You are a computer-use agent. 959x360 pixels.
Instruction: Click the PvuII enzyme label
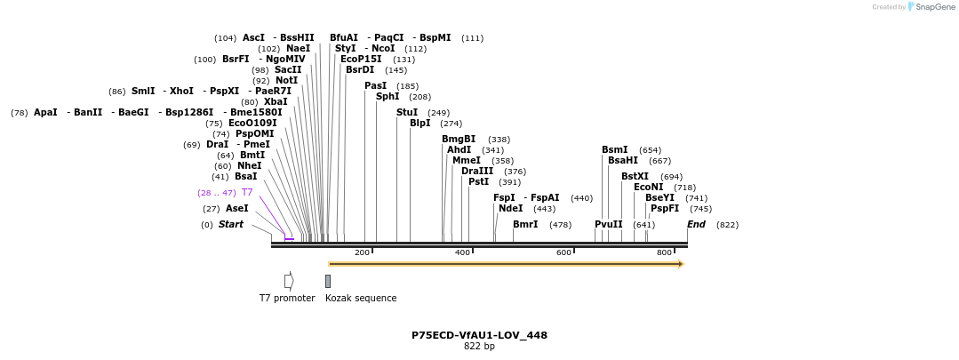(609, 225)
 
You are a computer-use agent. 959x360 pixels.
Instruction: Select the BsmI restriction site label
(614, 150)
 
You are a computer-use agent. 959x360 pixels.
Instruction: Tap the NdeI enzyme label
(510, 209)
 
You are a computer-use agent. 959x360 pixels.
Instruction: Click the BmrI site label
(525, 225)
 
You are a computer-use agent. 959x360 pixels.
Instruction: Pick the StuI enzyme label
(407, 113)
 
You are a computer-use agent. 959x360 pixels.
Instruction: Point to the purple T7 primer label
(247, 193)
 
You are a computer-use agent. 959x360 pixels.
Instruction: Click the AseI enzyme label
(236, 209)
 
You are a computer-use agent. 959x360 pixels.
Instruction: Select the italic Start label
(230, 225)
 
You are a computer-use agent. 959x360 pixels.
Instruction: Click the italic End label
(696, 225)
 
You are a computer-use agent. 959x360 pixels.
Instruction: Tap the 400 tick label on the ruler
(462, 253)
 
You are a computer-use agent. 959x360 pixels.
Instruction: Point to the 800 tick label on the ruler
(664, 253)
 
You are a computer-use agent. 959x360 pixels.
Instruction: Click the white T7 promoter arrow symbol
(289, 281)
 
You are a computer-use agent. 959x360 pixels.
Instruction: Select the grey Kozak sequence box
(328, 281)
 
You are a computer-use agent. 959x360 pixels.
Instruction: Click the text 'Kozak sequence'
(361, 299)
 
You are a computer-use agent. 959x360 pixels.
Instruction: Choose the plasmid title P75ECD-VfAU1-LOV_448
(479, 336)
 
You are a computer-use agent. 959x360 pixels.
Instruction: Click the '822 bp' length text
(479, 347)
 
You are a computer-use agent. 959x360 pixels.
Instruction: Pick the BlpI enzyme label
(420, 124)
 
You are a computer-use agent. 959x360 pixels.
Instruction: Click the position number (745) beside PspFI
(700, 209)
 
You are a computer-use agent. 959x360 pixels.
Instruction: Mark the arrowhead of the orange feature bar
(681, 264)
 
